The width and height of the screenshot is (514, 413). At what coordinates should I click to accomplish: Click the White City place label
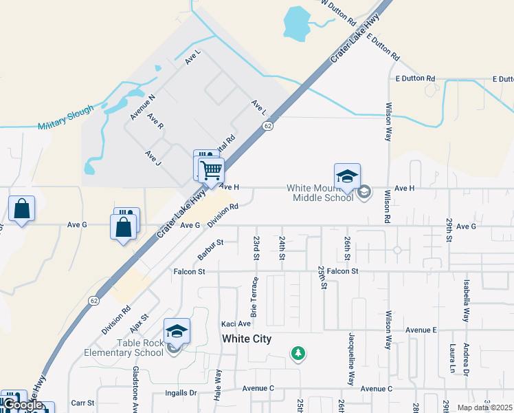[247, 339]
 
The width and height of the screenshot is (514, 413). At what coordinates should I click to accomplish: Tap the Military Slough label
[64, 122]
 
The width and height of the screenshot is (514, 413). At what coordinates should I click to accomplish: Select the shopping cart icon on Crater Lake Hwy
[211, 169]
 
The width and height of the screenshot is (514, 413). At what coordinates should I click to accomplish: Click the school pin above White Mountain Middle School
[347, 176]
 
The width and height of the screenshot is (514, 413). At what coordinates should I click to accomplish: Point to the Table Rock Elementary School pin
[177, 332]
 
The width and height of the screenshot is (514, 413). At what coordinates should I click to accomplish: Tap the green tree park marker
[298, 354]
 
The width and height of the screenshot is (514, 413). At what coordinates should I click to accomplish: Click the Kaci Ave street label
[235, 324]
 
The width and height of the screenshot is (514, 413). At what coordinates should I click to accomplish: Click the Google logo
[22, 405]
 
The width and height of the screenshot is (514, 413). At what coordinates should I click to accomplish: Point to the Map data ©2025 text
[484, 407]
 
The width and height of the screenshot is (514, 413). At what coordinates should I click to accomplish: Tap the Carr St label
[82, 403]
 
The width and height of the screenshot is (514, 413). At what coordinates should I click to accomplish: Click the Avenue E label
[421, 330]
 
